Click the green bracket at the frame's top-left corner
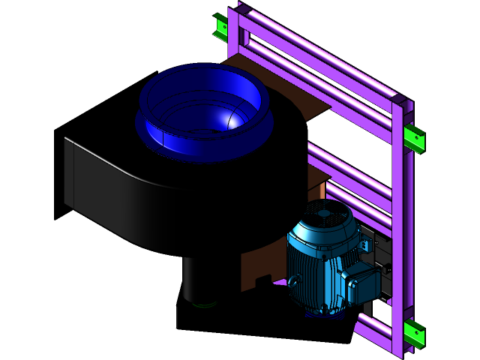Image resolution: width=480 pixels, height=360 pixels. coord(220,28)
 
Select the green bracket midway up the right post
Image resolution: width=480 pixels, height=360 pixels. coord(413,138)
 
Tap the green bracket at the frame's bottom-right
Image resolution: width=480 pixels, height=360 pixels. coord(413,332)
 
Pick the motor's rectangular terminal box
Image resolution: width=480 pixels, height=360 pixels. coord(359,283)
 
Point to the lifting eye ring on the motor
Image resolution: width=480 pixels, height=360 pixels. coord(292,280)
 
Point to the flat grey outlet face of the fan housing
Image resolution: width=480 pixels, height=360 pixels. coord(69,172)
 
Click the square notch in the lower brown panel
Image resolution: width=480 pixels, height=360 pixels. coord(262,280)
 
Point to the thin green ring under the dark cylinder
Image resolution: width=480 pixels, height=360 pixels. coord(203,304)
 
